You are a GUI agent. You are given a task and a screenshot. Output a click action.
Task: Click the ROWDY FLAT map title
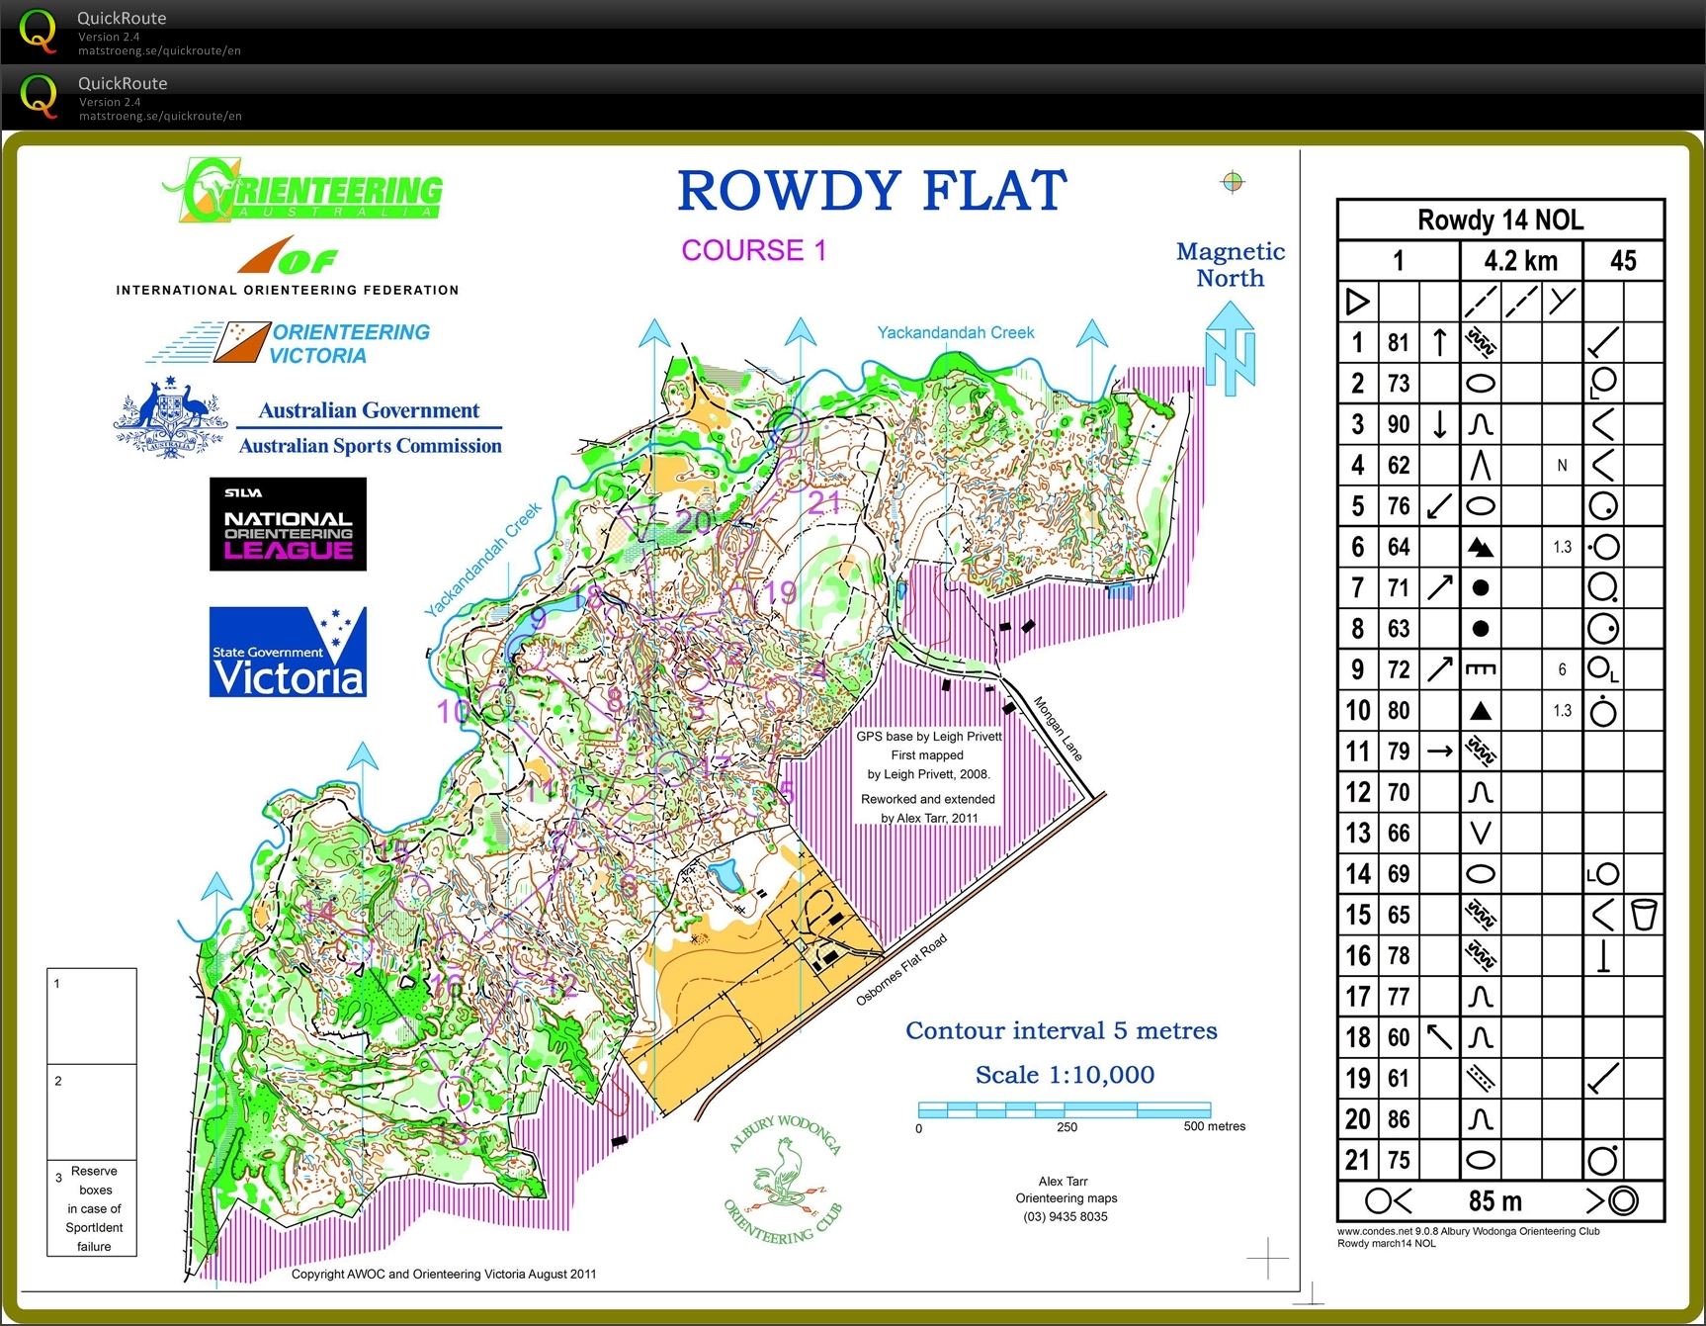(x=872, y=191)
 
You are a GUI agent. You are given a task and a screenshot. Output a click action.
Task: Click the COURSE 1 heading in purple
(x=753, y=250)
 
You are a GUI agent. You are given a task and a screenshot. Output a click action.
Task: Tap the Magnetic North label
(x=1230, y=265)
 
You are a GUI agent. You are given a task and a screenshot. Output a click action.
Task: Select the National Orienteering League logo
(x=288, y=524)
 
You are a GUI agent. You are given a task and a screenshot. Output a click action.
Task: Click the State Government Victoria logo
(x=288, y=652)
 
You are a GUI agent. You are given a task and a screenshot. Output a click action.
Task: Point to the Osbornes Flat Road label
(x=900, y=970)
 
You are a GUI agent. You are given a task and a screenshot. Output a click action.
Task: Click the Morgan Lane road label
(x=1058, y=729)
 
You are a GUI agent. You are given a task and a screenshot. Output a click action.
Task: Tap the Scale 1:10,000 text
(x=1065, y=1075)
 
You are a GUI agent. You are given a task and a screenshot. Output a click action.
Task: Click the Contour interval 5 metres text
(x=1061, y=1030)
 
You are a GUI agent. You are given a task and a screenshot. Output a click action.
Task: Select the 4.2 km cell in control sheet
(x=1520, y=261)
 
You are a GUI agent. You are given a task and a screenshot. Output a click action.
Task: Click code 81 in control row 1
(x=1398, y=343)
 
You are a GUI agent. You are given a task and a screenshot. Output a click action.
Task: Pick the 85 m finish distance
(x=1494, y=1201)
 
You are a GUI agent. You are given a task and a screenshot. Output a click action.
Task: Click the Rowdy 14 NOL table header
(x=1499, y=220)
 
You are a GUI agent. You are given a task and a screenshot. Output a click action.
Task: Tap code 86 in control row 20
(x=1398, y=1119)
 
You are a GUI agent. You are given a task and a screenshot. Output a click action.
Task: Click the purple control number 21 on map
(x=823, y=502)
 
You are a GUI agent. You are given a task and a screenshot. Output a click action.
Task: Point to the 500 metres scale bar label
(x=1214, y=1126)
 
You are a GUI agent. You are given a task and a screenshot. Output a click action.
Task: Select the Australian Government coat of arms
(x=170, y=419)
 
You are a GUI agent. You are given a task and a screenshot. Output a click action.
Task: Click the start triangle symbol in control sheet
(x=1357, y=302)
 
